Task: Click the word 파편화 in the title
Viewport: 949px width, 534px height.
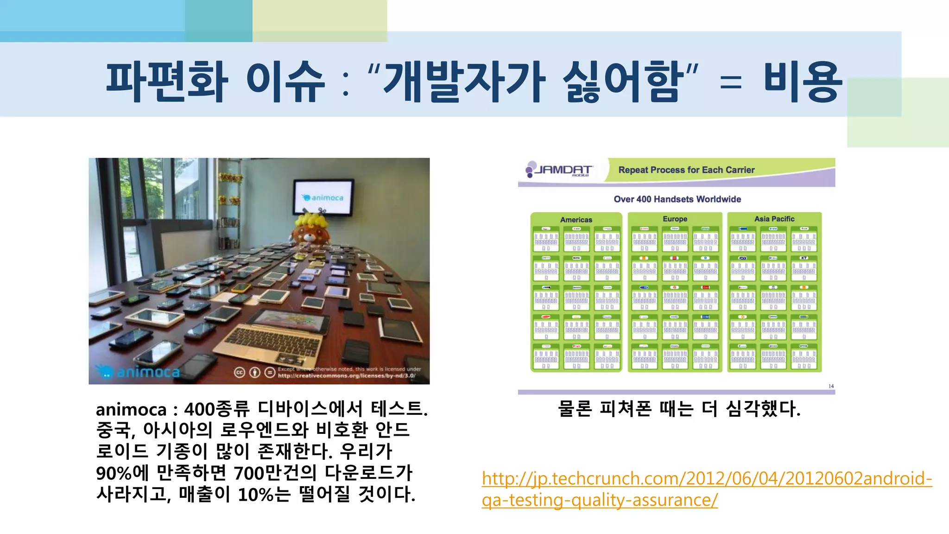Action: (167, 82)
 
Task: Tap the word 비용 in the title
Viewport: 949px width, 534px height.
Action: (802, 82)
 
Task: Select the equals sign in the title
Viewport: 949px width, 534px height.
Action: (731, 83)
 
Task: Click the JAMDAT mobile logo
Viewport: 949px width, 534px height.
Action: (559, 170)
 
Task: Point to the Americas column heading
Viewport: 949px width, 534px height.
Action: (576, 220)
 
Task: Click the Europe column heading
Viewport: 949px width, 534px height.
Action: (675, 219)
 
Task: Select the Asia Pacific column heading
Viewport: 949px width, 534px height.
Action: (774, 219)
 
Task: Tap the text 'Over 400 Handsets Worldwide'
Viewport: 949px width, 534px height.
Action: (677, 199)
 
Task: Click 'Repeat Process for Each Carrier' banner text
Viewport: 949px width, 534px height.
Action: (686, 170)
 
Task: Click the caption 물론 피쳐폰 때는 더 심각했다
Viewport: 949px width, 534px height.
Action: (679, 409)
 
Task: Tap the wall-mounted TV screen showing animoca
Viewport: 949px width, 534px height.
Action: (323, 198)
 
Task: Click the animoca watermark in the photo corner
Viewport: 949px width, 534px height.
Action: (139, 372)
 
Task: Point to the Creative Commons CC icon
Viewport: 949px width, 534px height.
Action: (240, 372)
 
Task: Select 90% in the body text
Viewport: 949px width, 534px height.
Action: (114, 473)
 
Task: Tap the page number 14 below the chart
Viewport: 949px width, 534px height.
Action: (831, 386)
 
